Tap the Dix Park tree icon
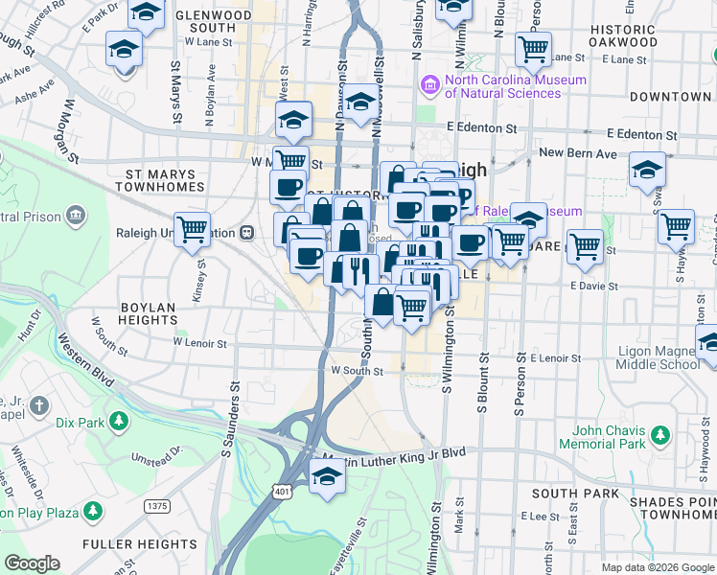click(x=118, y=421)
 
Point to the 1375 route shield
click(x=157, y=505)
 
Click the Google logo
click(x=32, y=563)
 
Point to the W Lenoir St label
click(x=199, y=341)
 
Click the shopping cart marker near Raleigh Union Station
click(x=192, y=229)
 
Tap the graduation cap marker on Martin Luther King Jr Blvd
click(x=327, y=476)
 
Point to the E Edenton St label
click(x=481, y=127)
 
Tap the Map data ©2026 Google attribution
click(x=657, y=567)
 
